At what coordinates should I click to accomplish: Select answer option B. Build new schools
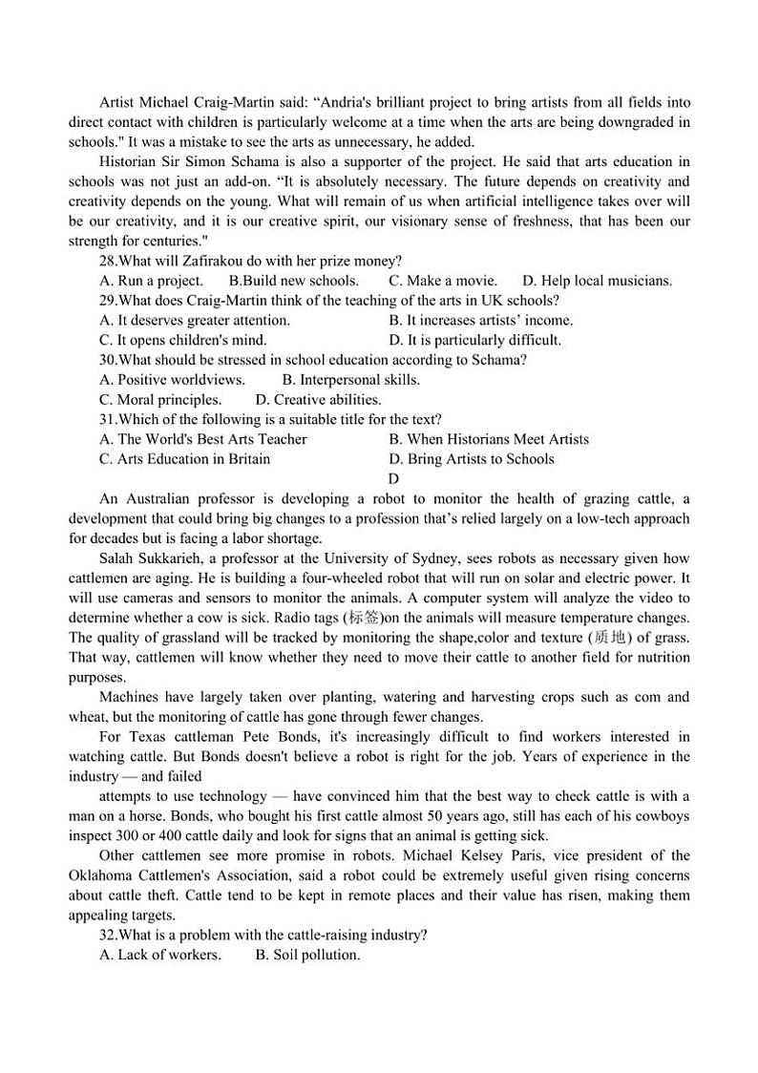point(294,281)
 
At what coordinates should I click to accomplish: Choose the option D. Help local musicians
point(598,281)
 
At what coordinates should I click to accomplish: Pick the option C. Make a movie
point(443,281)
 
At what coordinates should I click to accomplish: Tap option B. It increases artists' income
point(480,321)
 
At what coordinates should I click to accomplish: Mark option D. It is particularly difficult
point(475,340)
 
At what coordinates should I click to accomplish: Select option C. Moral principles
point(160,400)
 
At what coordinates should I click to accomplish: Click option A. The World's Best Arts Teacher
point(203,440)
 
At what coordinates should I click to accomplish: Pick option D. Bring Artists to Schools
point(472,459)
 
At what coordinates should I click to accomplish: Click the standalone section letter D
point(393,479)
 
